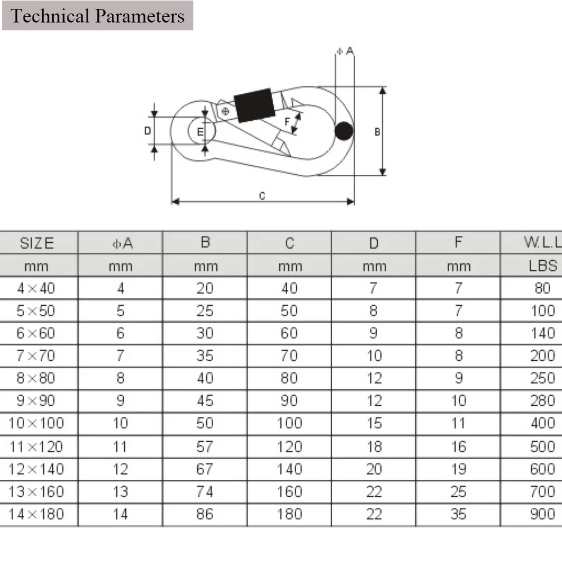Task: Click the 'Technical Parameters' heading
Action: click(x=97, y=16)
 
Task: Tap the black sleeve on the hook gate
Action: click(x=255, y=105)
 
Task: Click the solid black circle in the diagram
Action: click(x=344, y=131)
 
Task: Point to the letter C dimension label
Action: click(x=262, y=196)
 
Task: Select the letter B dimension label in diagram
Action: click(x=377, y=132)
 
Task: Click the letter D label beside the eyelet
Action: click(x=147, y=131)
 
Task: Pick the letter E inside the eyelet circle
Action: click(x=200, y=132)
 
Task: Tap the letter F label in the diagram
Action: click(x=287, y=121)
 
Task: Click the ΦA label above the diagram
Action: click(x=345, y=51)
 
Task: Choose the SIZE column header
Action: click(x=37, y=243)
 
